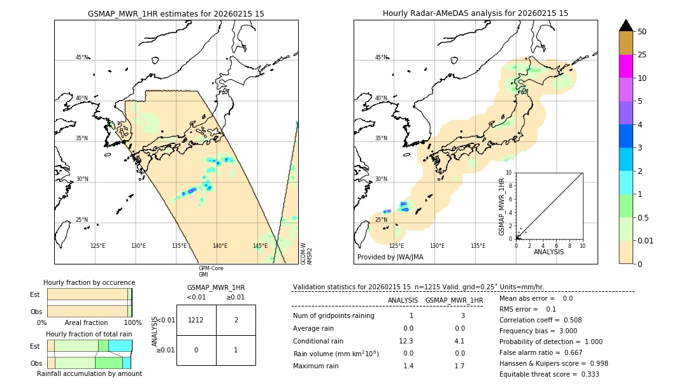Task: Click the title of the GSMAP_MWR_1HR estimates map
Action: tap(176, 13)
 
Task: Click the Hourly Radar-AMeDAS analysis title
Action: tap(475, 13)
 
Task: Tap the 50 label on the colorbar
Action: tap(643, 32)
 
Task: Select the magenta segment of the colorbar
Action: tap(626, 66)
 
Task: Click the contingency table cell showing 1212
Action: tap(196, 320)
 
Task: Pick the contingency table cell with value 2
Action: tap(236, 320)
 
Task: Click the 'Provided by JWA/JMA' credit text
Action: tap(390, 257)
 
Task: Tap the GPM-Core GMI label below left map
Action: tap(211, 271)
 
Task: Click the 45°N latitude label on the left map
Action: tap(82, 57)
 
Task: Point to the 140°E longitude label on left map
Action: tap(220, 246)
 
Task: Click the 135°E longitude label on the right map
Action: tap(478, 246)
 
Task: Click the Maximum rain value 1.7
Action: tap(459, 366)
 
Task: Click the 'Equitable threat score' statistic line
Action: tap(549, 375)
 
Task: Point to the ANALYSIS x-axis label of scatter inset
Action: tap(548, 252)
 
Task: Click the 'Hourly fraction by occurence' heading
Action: tap(89, 283)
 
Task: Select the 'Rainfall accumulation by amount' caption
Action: tap(89, 374)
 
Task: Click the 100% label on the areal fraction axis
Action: tap(133, 323)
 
